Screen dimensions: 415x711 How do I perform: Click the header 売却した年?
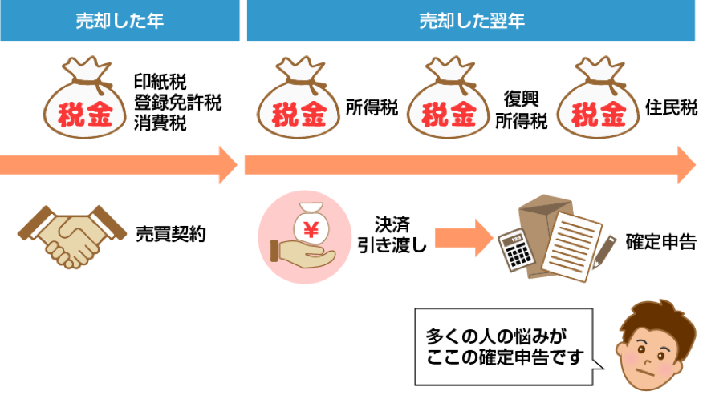[120, 21]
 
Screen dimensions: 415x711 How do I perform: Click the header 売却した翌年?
[471, 21]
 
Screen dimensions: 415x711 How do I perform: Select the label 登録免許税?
[177, 102]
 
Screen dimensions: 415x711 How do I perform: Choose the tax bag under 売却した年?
[85, 102]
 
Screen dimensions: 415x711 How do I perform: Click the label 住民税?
[671, 108]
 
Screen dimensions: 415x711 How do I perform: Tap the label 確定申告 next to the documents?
[660, 241]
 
